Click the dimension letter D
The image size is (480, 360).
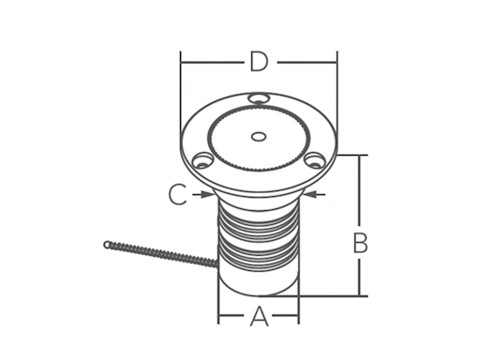coord(259,63)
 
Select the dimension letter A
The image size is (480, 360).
coord(259,318)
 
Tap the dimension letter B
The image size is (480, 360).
coord(359,243)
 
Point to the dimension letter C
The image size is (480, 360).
coord(177,195)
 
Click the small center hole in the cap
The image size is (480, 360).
coord(259,137)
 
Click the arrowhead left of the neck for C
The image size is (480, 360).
coord(207,195)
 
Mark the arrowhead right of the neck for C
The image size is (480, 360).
coord(312,195)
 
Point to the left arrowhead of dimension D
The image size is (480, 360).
coord(184,63)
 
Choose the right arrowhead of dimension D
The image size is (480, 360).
coord(333,63)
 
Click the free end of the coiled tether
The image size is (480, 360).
coord(108,245)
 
